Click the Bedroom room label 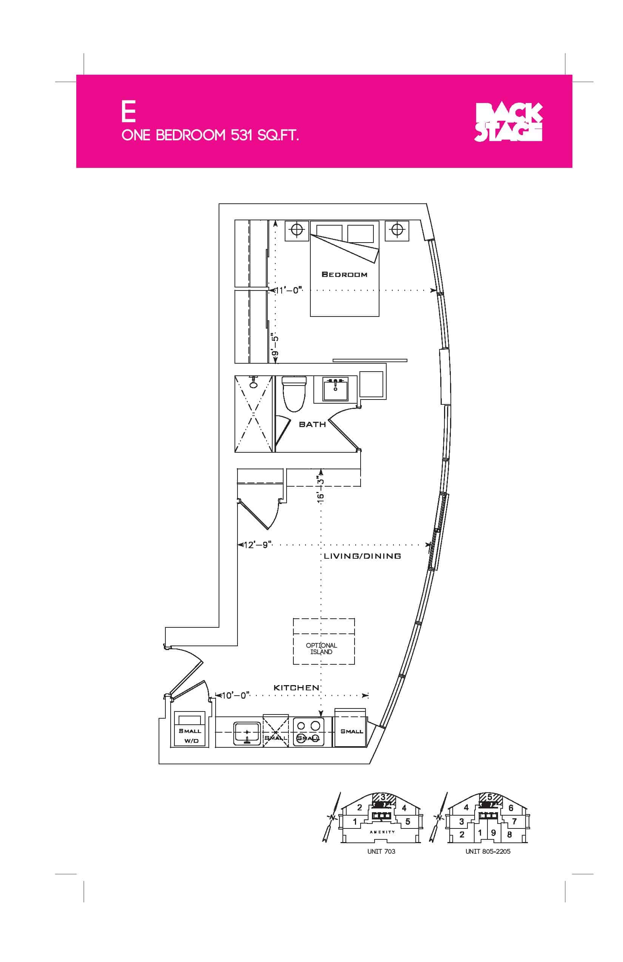click(344, 275)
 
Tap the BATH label click(312, 424)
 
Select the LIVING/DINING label click(362, 556)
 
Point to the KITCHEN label click(296, 687)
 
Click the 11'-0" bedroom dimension click(288, 290)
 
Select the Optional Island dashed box click(324, 641)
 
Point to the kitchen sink click(247, 733)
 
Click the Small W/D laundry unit click(190, 729)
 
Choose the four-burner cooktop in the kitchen click(308, 731)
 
